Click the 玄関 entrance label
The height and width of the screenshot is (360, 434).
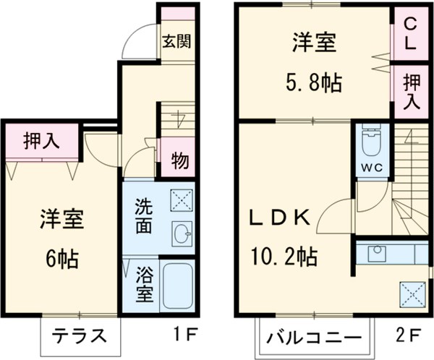point(176,41)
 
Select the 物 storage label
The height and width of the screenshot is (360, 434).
point(179,160)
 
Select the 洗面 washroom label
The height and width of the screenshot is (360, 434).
point(142,215)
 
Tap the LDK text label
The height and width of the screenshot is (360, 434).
point(281,218)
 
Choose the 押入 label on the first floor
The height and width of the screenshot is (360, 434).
point(41,140)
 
